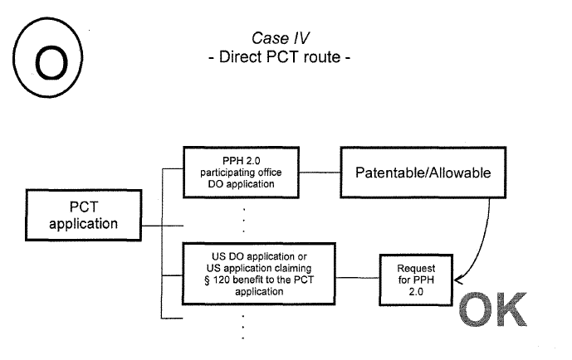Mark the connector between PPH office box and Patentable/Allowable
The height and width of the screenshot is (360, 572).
[318, 173]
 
